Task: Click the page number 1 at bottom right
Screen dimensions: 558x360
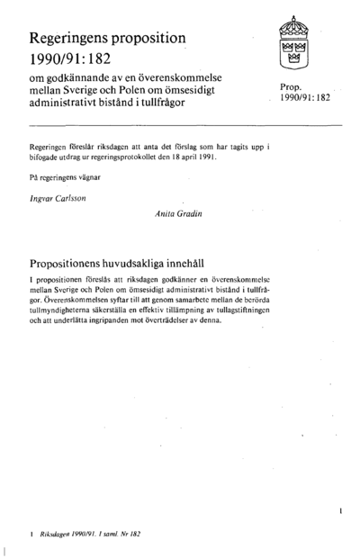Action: point(341,509)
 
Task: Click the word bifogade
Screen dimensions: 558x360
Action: point(48,156)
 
